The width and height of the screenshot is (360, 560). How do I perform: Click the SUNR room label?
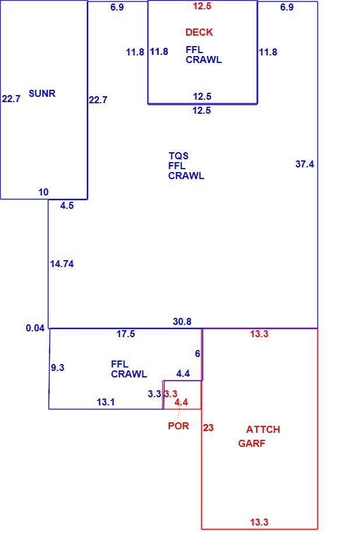[x=42, y=93]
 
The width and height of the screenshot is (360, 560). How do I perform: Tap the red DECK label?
[x=200, y=33]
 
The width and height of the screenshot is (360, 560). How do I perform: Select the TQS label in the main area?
[x=179, y=156]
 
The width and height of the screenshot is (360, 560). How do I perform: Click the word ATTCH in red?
[x=263, y=429]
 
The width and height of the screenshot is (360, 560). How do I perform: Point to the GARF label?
[x=252, y=443]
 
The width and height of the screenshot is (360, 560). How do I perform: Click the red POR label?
[x=178, y=426]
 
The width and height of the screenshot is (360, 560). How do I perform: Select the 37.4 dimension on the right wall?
[x=305, y=164]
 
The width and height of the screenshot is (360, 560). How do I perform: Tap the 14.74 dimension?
[x=62, y=264]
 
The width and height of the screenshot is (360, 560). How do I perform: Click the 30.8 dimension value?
[x=182, y=322]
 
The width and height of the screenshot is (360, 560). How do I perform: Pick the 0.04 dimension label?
[x=36, y=328]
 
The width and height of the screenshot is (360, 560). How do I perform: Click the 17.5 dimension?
[x=125, y=334]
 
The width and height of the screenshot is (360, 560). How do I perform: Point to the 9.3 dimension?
[x=58, y=367]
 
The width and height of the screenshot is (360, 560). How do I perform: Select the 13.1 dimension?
[x=106, y=402]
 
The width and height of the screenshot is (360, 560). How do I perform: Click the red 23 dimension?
[x=208, y=428]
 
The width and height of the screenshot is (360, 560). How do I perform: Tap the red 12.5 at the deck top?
[x=202, y=6]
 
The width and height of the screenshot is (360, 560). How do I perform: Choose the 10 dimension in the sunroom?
[x=43, y=192]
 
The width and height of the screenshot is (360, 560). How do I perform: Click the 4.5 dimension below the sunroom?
[x=67, y=205]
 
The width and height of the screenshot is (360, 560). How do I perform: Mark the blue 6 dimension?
[x=197, y=353]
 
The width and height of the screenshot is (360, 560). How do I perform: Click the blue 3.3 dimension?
[x=155, y=394]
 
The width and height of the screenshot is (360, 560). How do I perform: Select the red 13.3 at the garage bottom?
[x=259, y=522]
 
